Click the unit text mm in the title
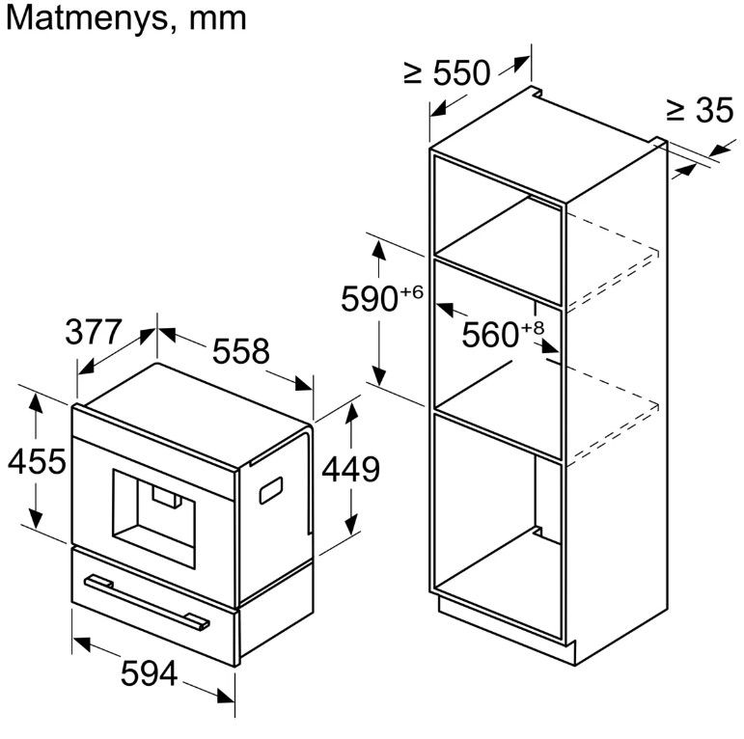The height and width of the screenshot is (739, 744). [218, 21]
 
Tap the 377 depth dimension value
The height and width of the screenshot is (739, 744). [94, 332]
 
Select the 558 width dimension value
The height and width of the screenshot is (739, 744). [240, 351]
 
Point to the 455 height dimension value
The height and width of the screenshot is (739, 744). [37, 461]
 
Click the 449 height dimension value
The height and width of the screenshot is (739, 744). [351, 469]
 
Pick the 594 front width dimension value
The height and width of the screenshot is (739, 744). [150, 673]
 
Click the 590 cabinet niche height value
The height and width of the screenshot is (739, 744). [370, 299]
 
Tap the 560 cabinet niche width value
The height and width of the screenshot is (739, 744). [490, 335]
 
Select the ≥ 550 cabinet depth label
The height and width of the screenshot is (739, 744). [447, 73]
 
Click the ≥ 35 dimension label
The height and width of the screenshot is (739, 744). [700, 111]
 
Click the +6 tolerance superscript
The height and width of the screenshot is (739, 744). [411, 291]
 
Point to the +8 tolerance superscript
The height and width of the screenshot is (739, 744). [533, 328]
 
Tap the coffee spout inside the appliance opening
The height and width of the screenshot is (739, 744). [167, 498]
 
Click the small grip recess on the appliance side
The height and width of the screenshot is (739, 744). [271, 490]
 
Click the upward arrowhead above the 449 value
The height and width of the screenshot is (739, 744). [351, 413]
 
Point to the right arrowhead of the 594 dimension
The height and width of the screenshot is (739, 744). [226, 697]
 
